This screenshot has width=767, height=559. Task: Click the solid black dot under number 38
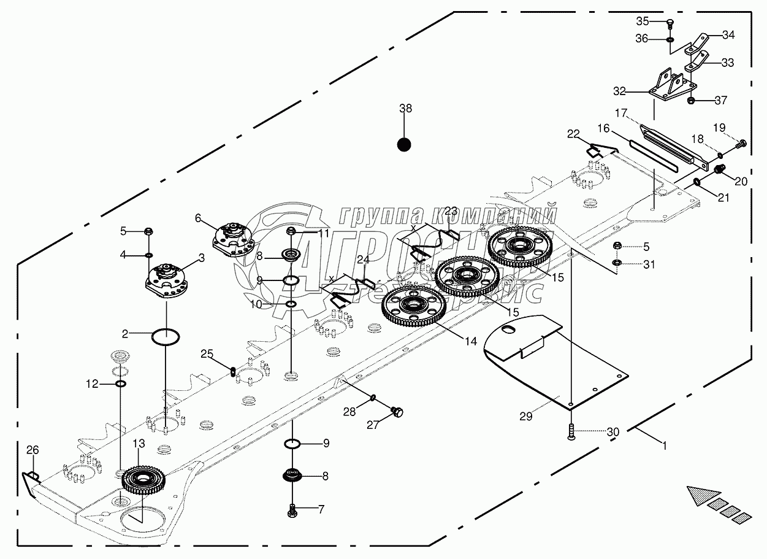point(403,145)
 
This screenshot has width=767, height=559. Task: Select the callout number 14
point(470,341)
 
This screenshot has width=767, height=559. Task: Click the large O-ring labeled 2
point(165,336)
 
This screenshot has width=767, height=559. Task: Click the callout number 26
point(32,450)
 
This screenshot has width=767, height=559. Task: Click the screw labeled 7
point(292,508)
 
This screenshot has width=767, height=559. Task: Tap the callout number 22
point(573,134)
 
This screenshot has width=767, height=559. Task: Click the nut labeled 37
point(691,101)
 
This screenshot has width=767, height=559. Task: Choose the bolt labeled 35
point(670,24)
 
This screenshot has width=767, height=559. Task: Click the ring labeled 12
point(121,384)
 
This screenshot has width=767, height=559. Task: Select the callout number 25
point(207,353)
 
